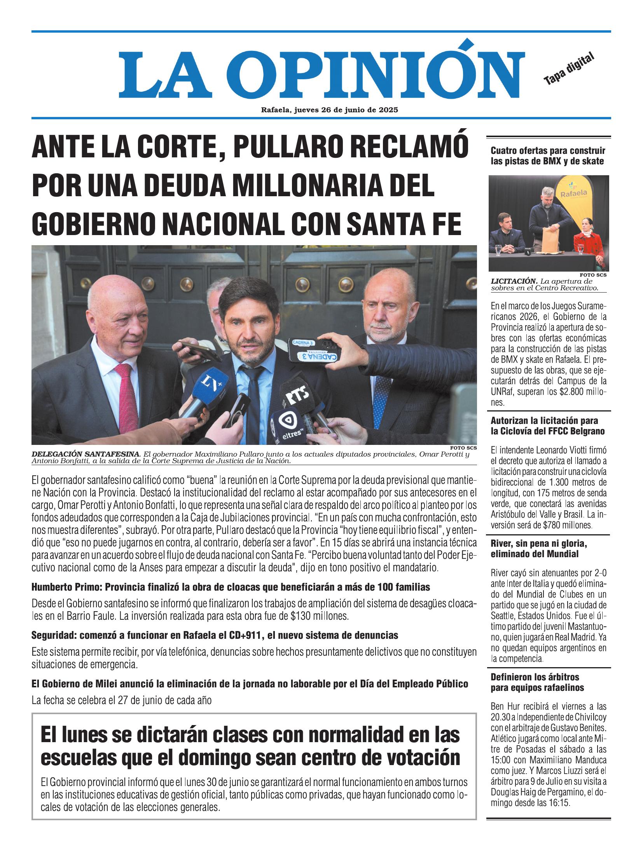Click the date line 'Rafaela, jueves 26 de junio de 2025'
point(329,110)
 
